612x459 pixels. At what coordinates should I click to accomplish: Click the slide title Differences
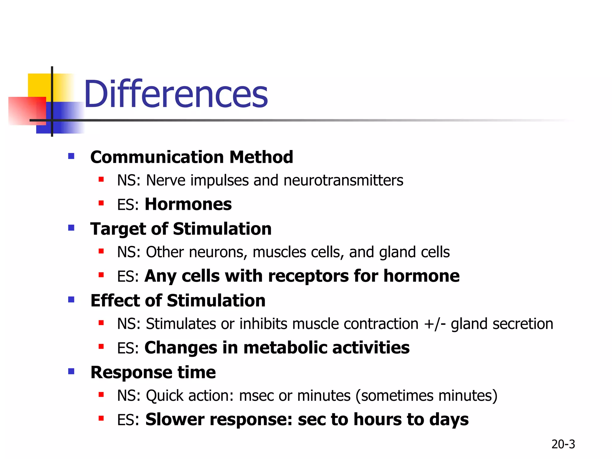[x=176, y=94]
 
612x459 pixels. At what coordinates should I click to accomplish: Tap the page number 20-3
[x=563, y=444]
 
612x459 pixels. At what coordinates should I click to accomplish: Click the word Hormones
[x=188, y=204]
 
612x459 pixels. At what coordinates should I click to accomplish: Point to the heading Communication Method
[x=192, y=157]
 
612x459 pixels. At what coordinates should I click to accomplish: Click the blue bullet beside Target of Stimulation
[x=71, y=228]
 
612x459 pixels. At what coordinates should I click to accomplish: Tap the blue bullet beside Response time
[x=71, y=371]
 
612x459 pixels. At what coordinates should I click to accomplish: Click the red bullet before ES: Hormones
[x=101, y=204]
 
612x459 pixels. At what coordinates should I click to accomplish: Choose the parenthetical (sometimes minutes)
[x=426, y=396]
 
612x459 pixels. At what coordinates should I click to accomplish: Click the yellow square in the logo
[x=39, y=85]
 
